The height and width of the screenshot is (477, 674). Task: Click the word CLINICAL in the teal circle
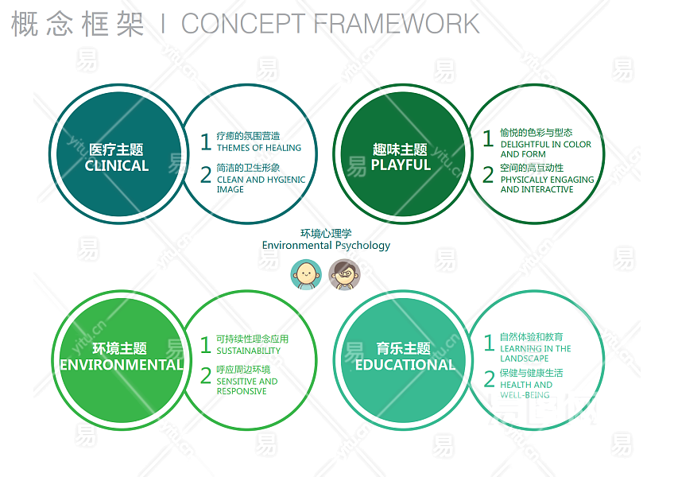117,165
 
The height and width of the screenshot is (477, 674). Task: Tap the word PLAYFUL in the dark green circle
401,165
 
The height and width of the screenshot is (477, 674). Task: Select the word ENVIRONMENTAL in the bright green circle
122,365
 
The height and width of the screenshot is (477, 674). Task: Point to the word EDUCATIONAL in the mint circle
405,365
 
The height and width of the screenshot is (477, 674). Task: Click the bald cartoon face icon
306,274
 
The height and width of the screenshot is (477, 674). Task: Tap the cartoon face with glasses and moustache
345,274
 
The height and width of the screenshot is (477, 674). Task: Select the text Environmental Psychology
326,246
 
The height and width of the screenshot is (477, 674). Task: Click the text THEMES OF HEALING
259,148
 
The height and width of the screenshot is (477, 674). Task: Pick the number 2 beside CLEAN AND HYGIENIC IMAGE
206,175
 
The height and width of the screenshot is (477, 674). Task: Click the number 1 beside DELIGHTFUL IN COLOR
488,139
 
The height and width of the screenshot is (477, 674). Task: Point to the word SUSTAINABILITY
249,351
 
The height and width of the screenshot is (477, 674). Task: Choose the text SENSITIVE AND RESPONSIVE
247,386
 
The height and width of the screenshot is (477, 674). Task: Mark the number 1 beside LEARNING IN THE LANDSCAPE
489,343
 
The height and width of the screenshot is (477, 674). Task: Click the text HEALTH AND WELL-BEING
526,390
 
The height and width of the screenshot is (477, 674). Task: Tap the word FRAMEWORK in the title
397,24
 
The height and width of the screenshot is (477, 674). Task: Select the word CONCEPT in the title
243,24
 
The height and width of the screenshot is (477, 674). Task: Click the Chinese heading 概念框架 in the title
77,24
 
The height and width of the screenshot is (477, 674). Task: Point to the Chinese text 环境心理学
326,234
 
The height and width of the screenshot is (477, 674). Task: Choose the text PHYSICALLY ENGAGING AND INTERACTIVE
547,184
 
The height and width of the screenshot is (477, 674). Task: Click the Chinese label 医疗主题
116,149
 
